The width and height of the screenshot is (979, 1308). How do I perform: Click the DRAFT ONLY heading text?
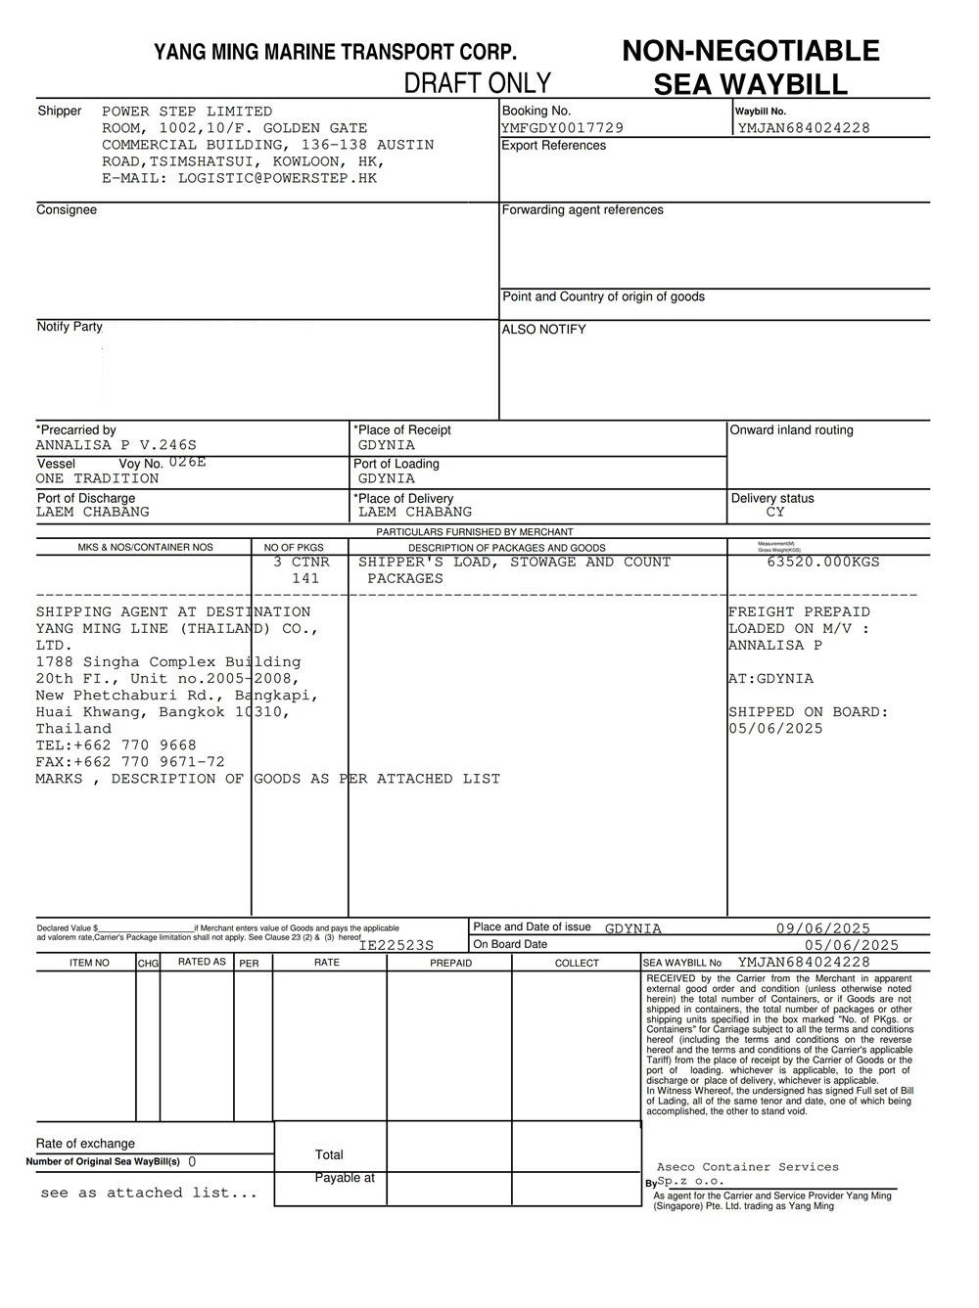click(x=478, y=82)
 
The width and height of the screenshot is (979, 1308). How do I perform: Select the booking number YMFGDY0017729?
click(x=562, y=127)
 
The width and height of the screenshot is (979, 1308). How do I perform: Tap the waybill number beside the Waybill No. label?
click(x=803, y=127)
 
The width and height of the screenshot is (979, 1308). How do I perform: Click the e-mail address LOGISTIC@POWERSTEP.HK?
click(x=277, y=178)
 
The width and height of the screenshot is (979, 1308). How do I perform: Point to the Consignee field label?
click(x=67, y=209)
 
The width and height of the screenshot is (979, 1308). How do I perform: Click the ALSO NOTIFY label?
click(x=543, y=330)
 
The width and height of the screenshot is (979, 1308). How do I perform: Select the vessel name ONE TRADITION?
click(x=97, y=478)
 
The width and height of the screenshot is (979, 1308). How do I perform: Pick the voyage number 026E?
click(x=187, y=462)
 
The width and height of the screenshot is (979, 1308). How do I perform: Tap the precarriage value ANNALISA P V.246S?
click(x=116, y=445)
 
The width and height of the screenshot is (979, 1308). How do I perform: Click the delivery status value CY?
click(x=775, y=512)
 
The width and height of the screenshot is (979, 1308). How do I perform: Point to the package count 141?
click(x=305, y=578)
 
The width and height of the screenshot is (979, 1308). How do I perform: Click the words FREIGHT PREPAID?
click(x=799, y=611)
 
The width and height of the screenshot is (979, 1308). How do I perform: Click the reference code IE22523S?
click(x=396, y=945)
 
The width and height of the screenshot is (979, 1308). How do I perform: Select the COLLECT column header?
click(x=577, y=963)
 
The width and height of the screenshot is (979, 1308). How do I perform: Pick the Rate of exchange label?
click(x=85, y=1143)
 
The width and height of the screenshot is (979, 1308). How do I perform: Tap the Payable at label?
click(x=345, y=1178)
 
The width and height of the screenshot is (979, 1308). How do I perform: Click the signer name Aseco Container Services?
click(x=747, y=1166)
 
